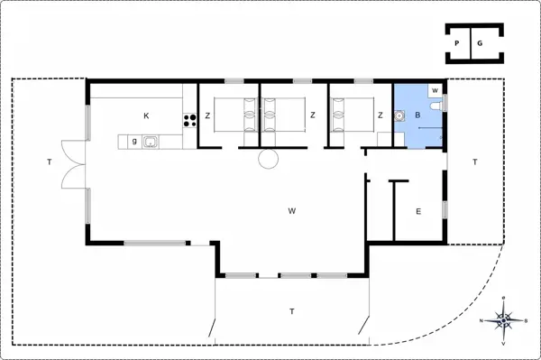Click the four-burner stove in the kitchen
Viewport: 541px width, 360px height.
189,121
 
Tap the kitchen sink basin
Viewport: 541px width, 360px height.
151,142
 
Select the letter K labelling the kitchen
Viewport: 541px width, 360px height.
146,115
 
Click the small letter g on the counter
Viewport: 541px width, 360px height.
134,141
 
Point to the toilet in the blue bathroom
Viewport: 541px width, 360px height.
436,106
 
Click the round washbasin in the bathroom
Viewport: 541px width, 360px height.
399,116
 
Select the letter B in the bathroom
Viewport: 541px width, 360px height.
417,115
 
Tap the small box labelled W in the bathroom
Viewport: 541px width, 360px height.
436,90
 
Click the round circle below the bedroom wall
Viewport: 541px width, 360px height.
268,159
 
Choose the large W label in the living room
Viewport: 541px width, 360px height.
292,211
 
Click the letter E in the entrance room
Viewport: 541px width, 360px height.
418,211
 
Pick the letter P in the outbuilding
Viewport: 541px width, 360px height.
457,43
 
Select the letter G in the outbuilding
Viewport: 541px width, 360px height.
480,43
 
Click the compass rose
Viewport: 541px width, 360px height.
504,320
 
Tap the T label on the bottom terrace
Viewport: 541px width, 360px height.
292,311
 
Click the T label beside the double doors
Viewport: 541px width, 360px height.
50,162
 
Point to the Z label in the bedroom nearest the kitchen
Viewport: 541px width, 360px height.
207,115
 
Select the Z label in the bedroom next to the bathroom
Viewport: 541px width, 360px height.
381,115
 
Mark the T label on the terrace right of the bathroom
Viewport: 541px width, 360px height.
475,162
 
